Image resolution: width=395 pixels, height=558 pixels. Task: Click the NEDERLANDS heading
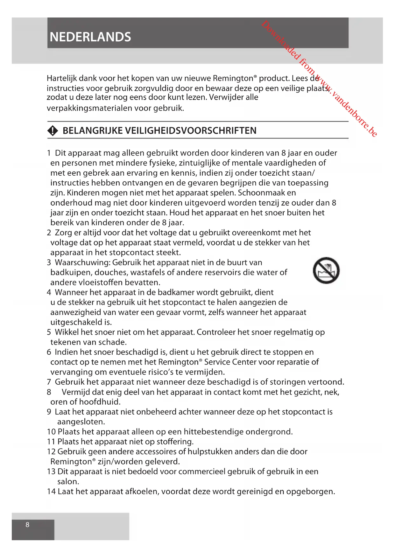coord(90,37)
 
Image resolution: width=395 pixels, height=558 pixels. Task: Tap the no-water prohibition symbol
coord(326,270)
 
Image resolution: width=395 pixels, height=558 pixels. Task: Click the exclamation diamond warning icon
coord(53,131)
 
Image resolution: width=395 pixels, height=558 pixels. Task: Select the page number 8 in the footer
coord(27,525)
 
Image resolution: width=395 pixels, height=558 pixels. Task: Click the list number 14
coord(51,492)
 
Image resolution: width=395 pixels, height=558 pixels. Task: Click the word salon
coord(68,482)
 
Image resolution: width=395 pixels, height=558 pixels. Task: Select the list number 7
coord(49,382)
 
